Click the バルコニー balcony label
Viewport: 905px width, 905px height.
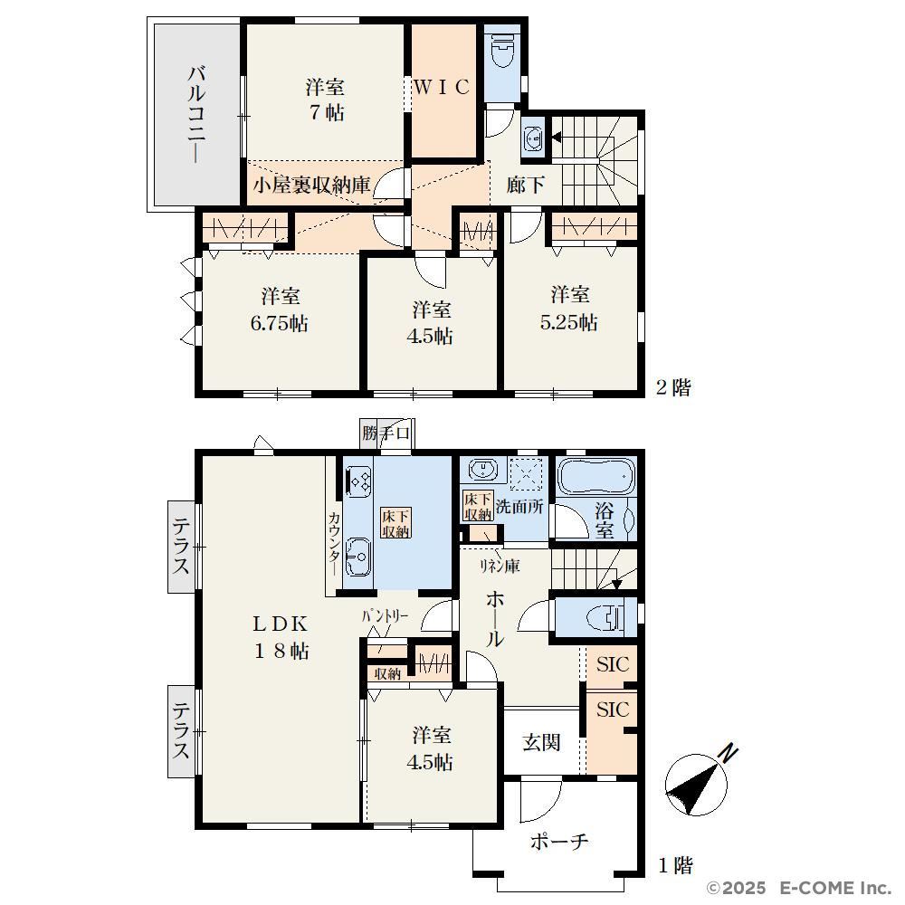(x=196, y=114)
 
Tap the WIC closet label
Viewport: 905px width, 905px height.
(x=443, y=87)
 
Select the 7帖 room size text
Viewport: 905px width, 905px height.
(x=326, y=111)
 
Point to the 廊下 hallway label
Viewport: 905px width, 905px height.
(x=525, y=185)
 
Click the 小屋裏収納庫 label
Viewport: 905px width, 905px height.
(x=311, y=185)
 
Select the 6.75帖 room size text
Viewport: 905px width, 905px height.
(x=279, y=323)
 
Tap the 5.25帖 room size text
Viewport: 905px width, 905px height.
(x=568, y=321)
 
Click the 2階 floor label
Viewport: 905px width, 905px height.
(x=673, y=386)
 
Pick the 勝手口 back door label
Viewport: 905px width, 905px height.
(x=386, y=433)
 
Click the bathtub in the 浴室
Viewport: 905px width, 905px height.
(x=596, y=477)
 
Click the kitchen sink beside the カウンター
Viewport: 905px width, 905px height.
(x=358, y=557)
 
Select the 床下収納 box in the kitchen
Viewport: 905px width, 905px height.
(x=396, y=523)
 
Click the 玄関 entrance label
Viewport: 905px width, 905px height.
(x=541, y=742)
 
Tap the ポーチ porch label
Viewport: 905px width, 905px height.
(x=558, y=842)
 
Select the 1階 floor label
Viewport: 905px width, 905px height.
(x=675, y=865)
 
